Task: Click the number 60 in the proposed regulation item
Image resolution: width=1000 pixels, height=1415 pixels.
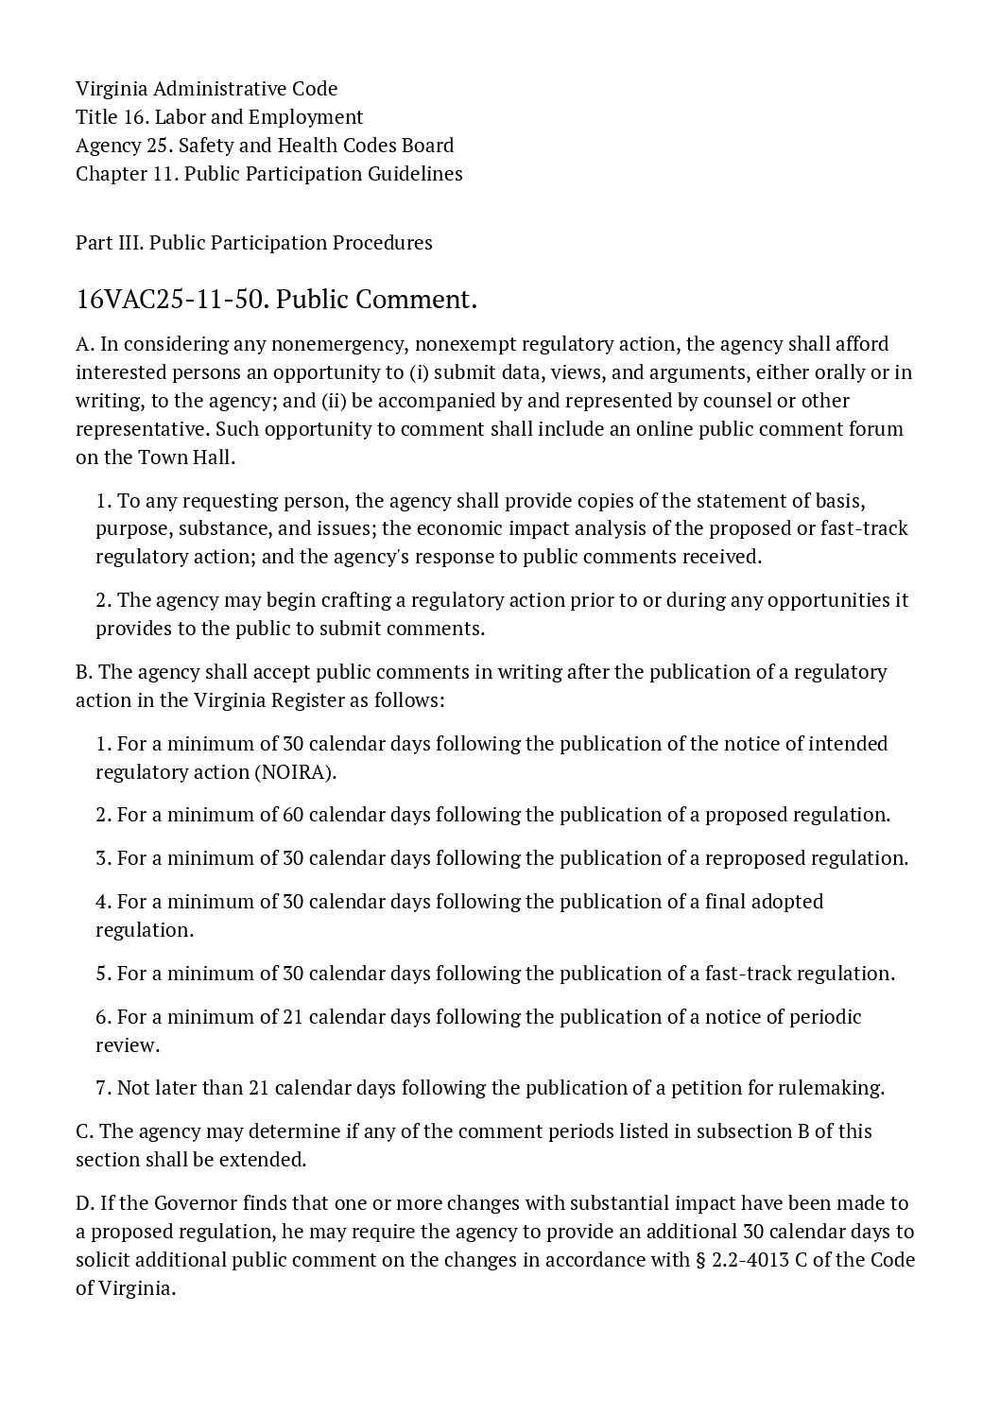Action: pos(293,815)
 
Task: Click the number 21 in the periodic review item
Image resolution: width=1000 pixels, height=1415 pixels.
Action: pos(293,1017)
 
